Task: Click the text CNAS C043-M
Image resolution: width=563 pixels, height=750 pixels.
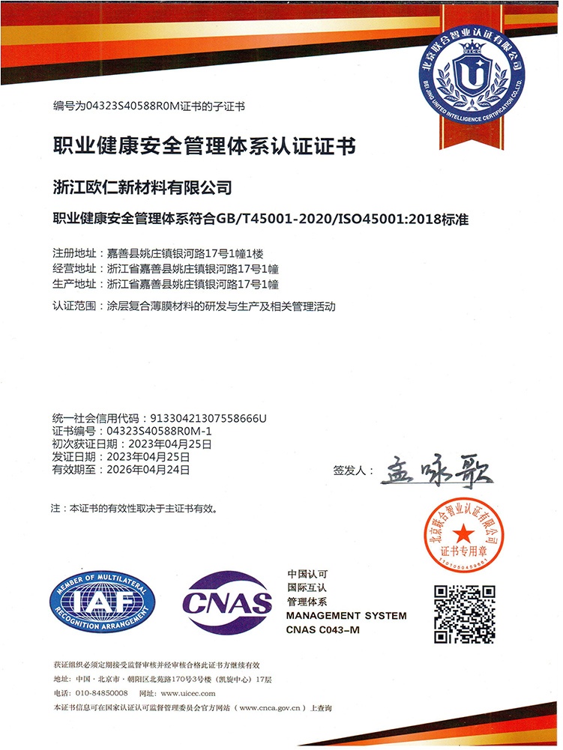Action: tap(323, 629)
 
